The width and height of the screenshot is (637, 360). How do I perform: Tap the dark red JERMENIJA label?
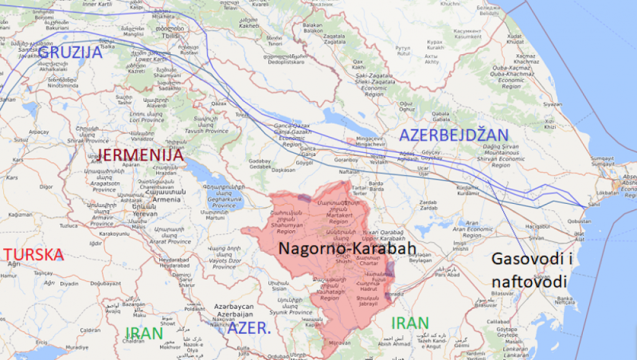click(x=141, y=155)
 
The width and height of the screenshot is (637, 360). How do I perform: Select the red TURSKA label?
click(x=34, y=254)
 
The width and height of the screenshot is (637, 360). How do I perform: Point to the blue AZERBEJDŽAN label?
click(x=453, y=134)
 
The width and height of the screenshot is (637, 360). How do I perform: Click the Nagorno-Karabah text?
click(x=346, y=248)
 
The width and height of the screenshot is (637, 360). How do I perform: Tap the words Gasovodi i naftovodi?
click(x=529, y=270)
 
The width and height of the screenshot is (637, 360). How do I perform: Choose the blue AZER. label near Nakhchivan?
click(x=249, y=328)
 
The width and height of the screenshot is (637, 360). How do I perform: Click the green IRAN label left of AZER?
click(x=144, y=333)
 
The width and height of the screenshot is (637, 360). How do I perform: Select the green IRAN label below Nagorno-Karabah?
click(x=410, y=323)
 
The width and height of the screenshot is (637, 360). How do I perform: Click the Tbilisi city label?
click(x=168, y=35)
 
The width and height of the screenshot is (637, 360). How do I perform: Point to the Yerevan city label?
click(x=144, y=213)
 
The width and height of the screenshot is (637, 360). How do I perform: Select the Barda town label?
click(x=376, y=184)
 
